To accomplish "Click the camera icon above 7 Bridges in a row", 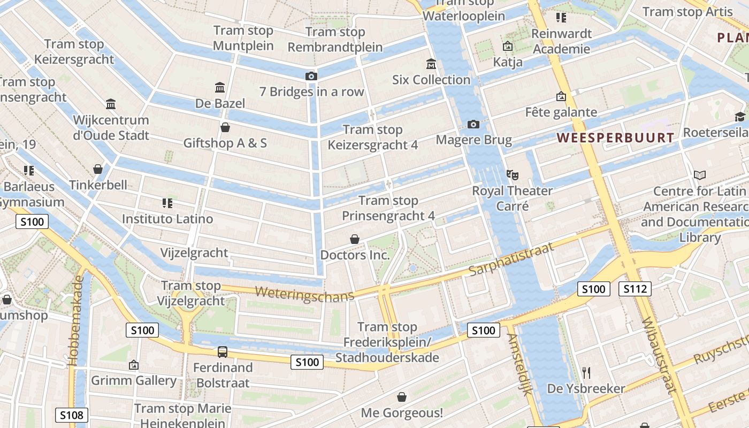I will pos(311,77).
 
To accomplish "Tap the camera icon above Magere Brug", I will pos(473,125).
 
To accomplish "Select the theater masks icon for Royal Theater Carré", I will pos(513,174).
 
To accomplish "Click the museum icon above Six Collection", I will pos(431,64).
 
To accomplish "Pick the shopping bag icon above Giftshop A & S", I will pos(225,127).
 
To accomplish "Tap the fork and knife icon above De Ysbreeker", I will pos(586,372).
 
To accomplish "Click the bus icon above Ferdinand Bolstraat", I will pos(222,352).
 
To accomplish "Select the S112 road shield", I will pos(635,289).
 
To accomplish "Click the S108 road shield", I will pos(71,415).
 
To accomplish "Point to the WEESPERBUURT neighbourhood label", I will pos(615,137).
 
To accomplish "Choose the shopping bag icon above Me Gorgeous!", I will pos(401,397).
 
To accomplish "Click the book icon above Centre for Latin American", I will pos(699,175).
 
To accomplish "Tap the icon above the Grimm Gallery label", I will pos(134,365).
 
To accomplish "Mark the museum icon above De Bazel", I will pos(219,87).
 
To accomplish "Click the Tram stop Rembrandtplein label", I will pos(335,40).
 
